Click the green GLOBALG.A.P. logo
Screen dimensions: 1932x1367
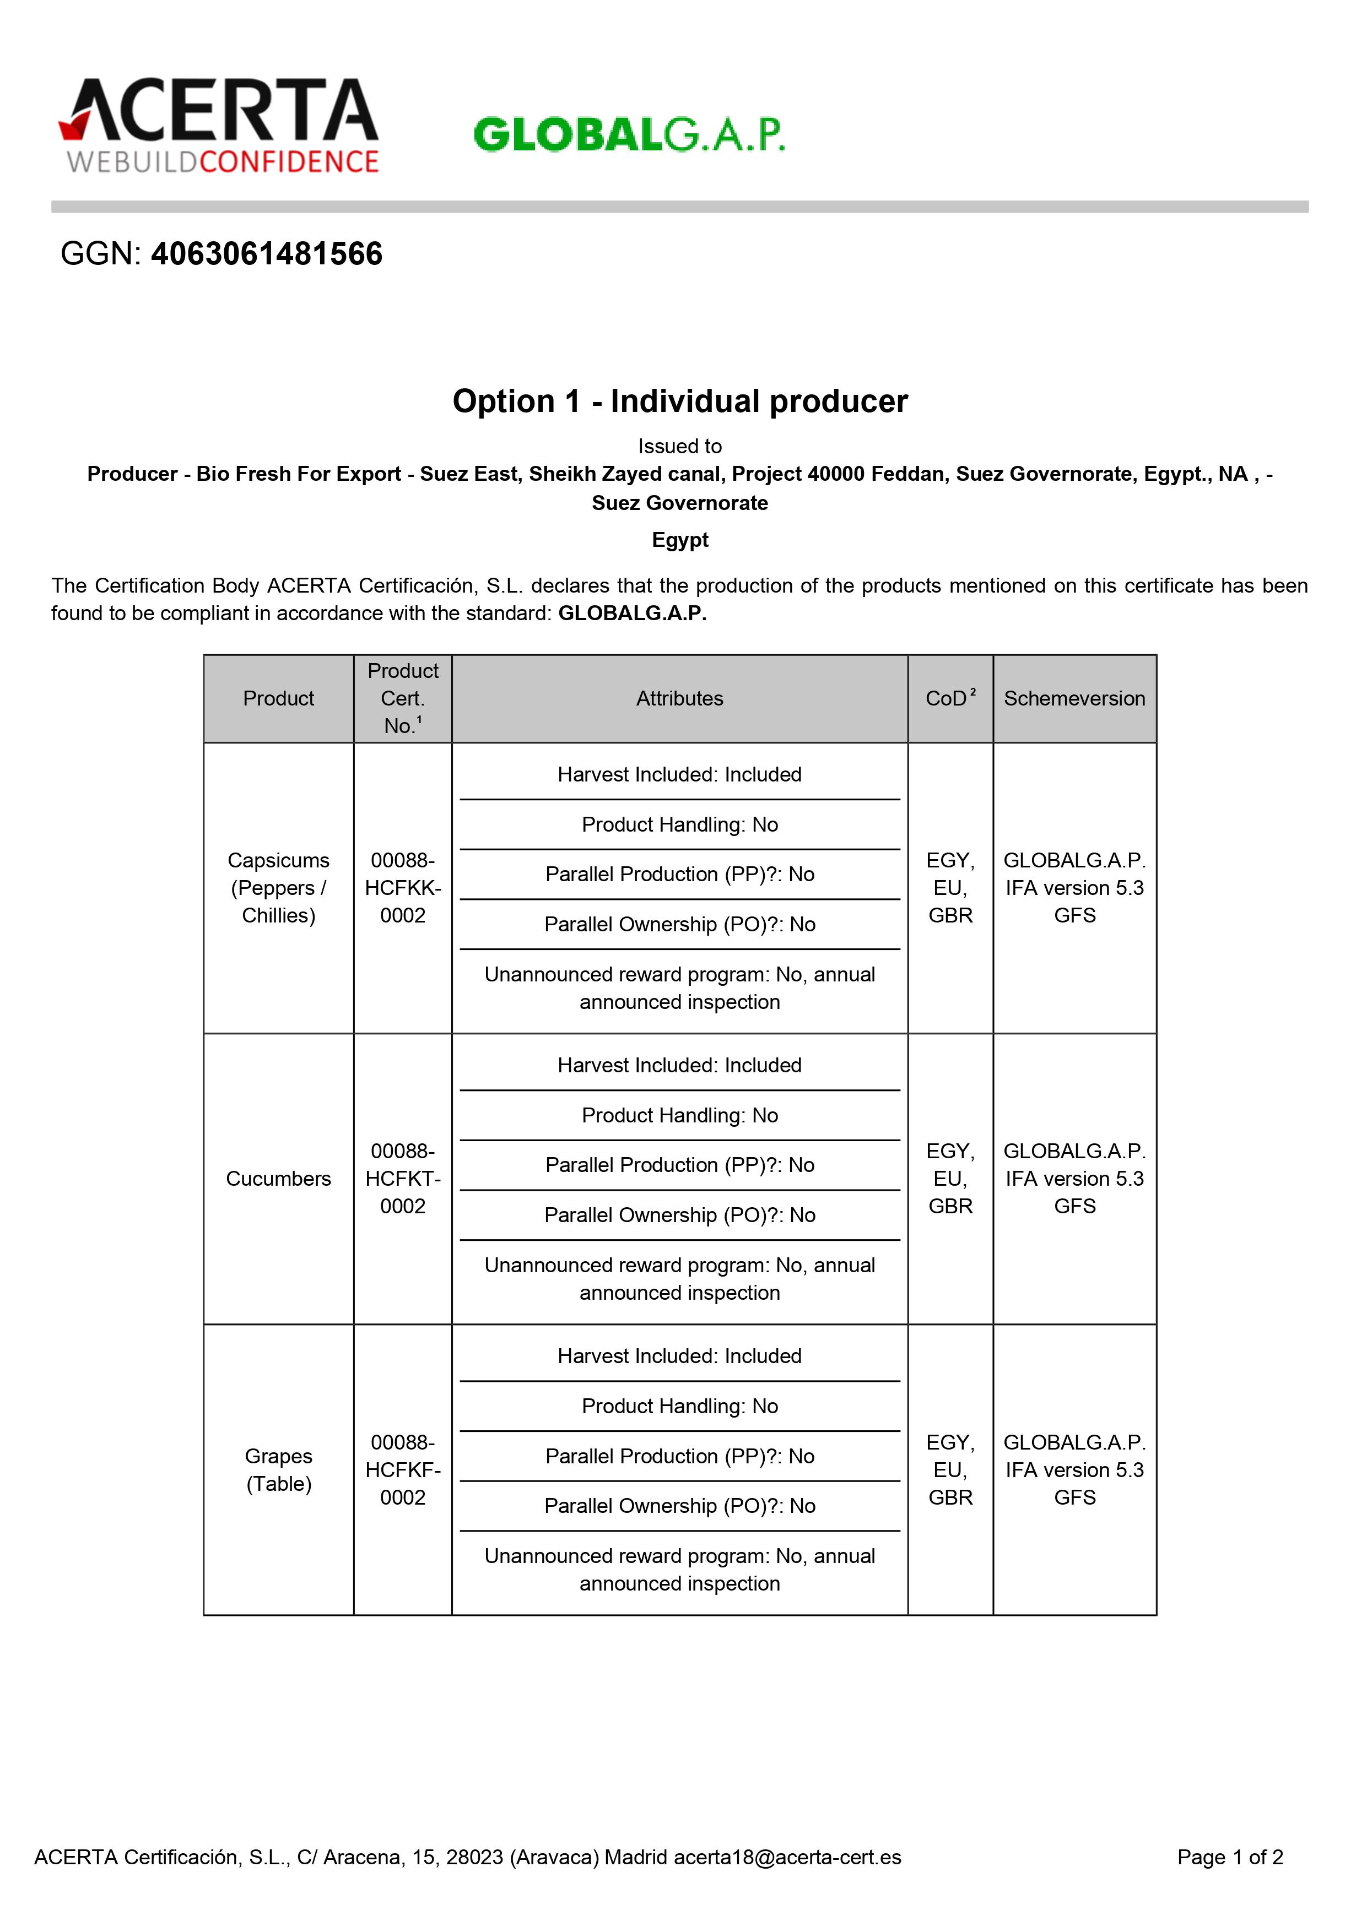click(629, 134)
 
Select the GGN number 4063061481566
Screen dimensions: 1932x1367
click(266, 254)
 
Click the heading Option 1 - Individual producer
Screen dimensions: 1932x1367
click(680, 401)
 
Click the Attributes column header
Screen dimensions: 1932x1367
click(679, 698)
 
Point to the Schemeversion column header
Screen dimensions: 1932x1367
click(1074, 698)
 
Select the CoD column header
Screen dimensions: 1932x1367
click(949, 698)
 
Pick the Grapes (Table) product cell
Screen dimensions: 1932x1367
click(279, 1469)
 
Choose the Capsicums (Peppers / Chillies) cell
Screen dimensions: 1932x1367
click(279, 888)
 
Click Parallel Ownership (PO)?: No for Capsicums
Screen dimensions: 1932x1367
click(679, 924)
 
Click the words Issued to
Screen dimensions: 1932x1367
click(680, 446)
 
